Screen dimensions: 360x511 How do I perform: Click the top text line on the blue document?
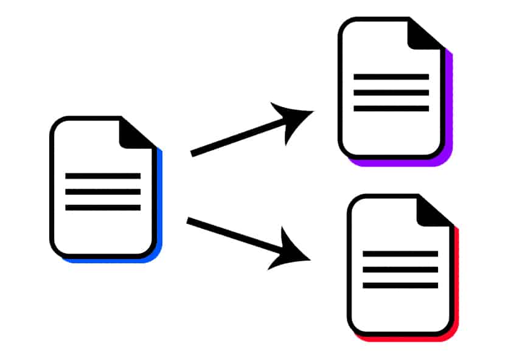point(103,176)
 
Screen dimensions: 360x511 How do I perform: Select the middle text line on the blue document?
point(103,192)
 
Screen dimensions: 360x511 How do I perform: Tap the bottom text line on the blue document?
point(103,208)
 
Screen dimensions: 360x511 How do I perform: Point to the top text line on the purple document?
point(391,77)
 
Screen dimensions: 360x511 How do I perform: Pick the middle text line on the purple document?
point(391,93)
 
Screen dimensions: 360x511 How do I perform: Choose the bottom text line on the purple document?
point(391,109)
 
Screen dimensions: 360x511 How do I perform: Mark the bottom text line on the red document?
point(400,285)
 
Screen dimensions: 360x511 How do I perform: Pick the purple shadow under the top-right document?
point(395,163)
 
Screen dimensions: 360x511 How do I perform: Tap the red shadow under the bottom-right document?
point(405,338)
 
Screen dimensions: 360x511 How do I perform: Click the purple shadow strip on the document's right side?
point(450,103)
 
